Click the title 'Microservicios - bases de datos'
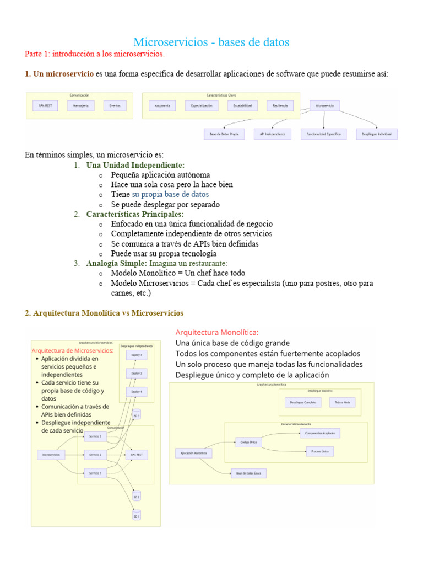tap(211, 42)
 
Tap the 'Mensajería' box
tap(80, 105)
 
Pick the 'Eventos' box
tap(115, 105)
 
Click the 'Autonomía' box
tap(162, 105)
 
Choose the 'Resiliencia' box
tap(280, 105)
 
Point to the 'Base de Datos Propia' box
tap(221, 134)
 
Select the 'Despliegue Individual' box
tap(376, 134)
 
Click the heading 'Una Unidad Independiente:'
tap(135, 165)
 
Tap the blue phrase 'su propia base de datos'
tap(170, 194)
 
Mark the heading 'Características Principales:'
tap(135, 214)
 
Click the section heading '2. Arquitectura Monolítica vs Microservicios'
tap(104, 313)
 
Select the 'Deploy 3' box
tap(137, 355)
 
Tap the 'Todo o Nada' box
tap(343, 402)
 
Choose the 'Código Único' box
tap(249, 442)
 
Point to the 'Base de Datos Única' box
tap(249, 473)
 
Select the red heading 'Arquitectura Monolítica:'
tap(216, 333)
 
